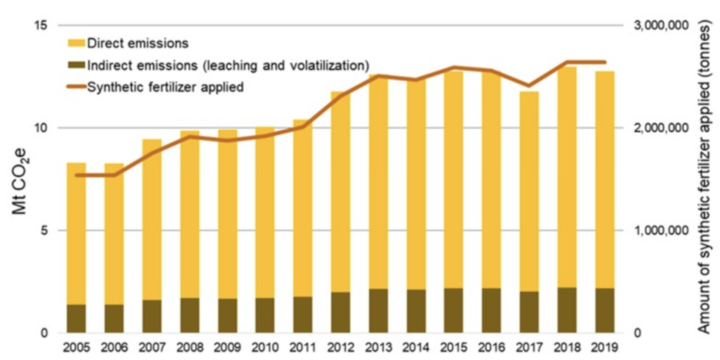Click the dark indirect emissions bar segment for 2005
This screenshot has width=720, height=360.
[77, 319]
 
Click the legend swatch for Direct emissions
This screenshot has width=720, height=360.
[77, 43]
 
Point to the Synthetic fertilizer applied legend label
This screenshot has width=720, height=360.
[165, 88]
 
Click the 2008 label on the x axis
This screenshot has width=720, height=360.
[190, 347]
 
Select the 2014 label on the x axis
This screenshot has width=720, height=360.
[416, 347]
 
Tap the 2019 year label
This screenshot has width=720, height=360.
[605, 347]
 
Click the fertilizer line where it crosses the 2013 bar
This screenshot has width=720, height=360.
[378, 76]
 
